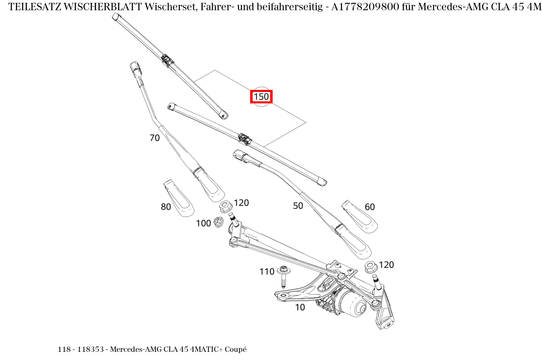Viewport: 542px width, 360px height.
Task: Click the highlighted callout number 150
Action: click(x=261, y=97)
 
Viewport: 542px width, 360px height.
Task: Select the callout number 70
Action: click(x=155, y=138)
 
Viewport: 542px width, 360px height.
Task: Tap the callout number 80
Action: click(x=166, y=207)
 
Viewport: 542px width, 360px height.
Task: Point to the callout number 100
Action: click(x=203, y=224)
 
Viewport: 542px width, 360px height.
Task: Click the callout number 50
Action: click(x=298, y=206)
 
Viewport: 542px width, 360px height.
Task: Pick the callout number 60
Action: click(x=370, y=207)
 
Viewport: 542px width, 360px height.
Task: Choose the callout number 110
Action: click(x=267, y=272)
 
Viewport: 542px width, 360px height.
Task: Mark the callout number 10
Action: click(x=300, y=308)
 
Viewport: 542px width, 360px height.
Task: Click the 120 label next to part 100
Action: click(x=241, y=203)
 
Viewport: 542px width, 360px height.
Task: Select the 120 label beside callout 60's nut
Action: click(x=386, y=265)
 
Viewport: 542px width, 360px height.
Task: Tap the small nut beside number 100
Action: click(x=218, y=222)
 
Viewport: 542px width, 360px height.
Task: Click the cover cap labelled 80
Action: click(x=178, y=198)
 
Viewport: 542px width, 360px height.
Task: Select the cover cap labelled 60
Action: click(x=359, y=217)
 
